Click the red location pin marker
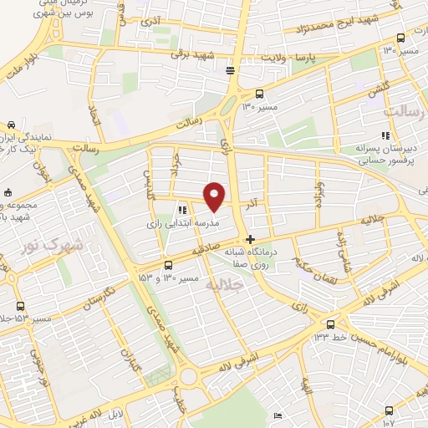215,195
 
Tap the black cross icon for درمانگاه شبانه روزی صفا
250,238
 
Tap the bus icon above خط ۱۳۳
331,324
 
